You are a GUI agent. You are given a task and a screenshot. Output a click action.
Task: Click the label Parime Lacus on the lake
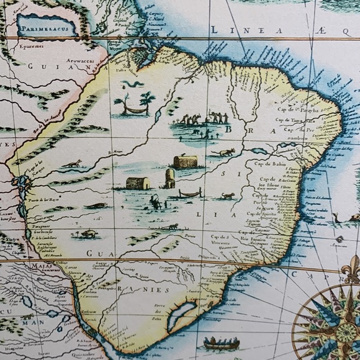coord(45,26)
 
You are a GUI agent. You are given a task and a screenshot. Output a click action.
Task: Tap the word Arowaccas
coord(75,61)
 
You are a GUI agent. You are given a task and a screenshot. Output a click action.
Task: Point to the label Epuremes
coord(29,46)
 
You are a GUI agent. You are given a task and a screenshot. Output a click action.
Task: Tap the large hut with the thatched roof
coord(185,162)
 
